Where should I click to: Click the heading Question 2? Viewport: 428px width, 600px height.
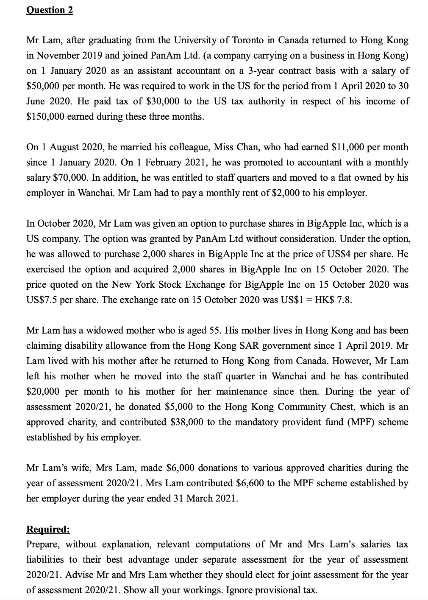coord(50,10)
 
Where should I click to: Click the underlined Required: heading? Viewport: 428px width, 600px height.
coord(48,529)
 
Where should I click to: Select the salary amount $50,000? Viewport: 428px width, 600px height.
coord(42,86)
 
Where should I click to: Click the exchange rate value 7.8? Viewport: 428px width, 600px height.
coord(345,300)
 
